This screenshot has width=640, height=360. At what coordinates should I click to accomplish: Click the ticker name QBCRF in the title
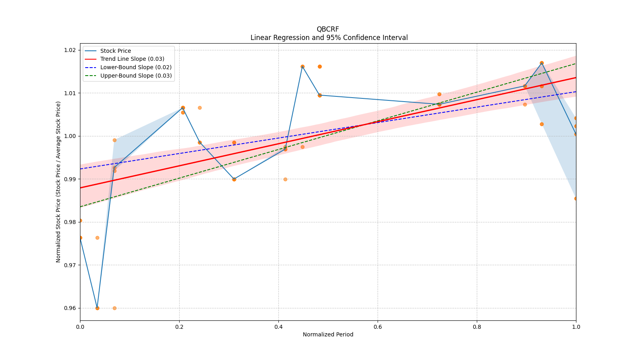pyautogui.click(x=328, y=29)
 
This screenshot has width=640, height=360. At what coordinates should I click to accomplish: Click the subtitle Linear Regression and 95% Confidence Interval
pyautogui.click(x=329, y=38)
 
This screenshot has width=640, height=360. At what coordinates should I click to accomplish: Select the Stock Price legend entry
pyautogui.click(x=116, y=51)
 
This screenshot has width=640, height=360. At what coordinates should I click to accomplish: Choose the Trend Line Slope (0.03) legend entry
pyautogui.click(x=132, y=59)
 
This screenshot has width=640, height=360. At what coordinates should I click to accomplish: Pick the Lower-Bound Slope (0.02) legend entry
pyautogui.click(x=136, y=67)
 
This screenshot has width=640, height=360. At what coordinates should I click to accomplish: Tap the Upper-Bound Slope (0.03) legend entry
pyautogui.click(x=136, y=76)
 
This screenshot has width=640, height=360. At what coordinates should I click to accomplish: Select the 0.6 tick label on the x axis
pyautogui.click(x=378, y=327)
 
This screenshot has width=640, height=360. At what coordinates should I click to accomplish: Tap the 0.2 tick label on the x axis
pyautogui.click(x=179, y=327)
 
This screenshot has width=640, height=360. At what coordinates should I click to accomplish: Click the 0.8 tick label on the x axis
pyautogui.click(x=477, y=327)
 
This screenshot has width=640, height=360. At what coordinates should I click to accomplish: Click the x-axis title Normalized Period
pyautogui.click(x=328, y=334)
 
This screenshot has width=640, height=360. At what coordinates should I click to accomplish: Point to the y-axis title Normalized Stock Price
pyautogui.click(x=58, y=182)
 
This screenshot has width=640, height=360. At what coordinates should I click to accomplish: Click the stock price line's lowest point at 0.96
pyautogui.click(x=97, y=308)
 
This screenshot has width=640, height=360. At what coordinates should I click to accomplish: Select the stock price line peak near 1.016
pyautogui.click(x=302, y=66)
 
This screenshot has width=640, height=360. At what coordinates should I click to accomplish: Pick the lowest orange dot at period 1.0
pyautogui.click(x=576, y=198)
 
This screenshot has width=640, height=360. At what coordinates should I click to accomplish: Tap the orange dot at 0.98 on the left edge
pyautogui.click(x=80, y=220)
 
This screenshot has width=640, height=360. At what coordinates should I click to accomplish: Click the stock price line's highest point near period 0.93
pyautogui.click(x=542, y=63)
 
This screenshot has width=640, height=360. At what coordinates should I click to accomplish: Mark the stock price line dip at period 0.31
pyautogui.click(x=234, y=179)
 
